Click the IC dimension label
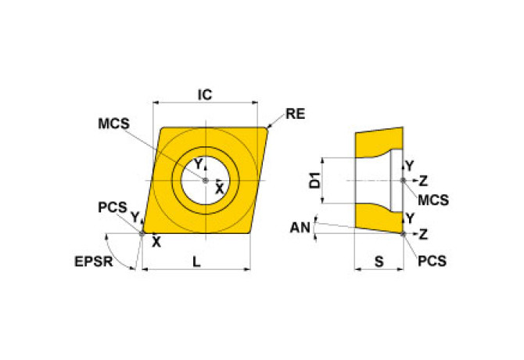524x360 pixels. click(204, 95)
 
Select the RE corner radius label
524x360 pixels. click(295, 114)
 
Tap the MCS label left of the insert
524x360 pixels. click(113, 124)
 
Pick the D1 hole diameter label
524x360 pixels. click(314, 181)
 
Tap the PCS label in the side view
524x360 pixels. click(431, 260)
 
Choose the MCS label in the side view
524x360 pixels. click(432, 200)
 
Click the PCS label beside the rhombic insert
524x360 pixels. click(113, 207)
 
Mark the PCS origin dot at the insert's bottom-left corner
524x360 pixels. click(142, 232)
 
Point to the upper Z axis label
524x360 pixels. click(423, 181)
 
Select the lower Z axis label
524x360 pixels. click(423, 233)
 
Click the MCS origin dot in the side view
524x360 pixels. click(403, 181)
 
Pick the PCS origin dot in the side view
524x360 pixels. click(403, 233)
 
